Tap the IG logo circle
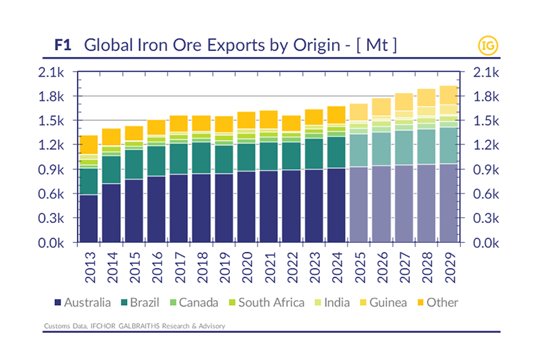click(x=488, y=46)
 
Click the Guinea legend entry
click(x=385, y=302)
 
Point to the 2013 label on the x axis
click(x=89, y=266)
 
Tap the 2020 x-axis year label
click(x=247, y=266)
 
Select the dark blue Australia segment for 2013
click(x=89, y=218)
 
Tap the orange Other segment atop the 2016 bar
click(x=156, y=126)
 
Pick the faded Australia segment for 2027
click(x=405, y=204)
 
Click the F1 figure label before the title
click(x=65, y=45)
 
